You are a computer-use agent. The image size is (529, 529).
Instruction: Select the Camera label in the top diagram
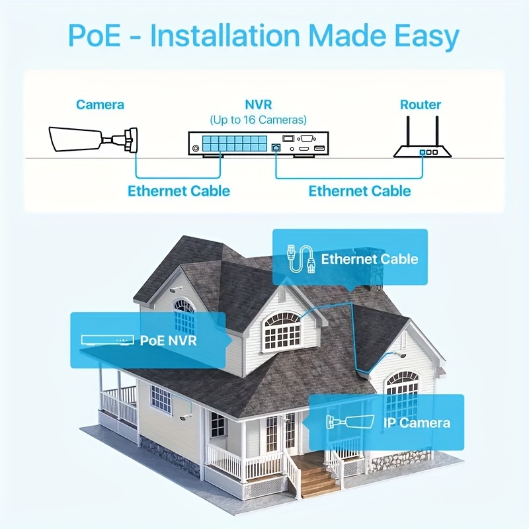[x=100, y=104]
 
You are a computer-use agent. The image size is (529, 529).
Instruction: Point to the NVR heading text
[x=259, y=104]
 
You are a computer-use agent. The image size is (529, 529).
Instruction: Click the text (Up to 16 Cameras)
[x=259, y=120]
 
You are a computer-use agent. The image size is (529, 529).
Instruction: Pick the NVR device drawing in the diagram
[x=259, y=143]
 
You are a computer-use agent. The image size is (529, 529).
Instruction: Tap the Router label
[x=421, y=104]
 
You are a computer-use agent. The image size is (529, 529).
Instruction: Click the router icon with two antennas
[x=422, y=142]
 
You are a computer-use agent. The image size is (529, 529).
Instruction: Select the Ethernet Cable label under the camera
[x=179, y=191]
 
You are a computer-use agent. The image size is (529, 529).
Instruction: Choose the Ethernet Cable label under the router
[x=360, y=191]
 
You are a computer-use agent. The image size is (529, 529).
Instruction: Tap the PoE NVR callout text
[x=168, y=341]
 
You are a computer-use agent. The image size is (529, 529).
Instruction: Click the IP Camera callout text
[x=416, y=423]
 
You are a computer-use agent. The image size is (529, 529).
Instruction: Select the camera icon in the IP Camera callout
[x=350, y=422]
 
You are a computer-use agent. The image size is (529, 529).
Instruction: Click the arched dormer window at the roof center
[x=282, y=331]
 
